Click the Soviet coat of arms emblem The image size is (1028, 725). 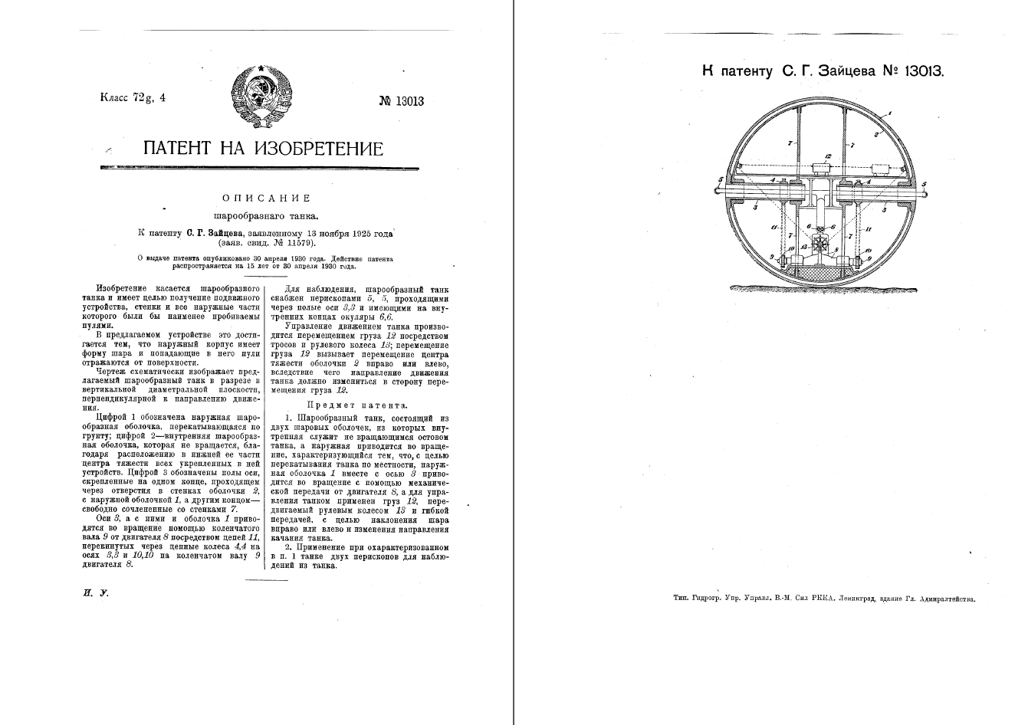[x=261, y=97]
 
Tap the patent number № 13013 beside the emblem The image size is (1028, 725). [x=401, y=101]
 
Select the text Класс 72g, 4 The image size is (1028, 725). [x=133, y=97]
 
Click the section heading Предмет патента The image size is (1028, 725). [x=357, y=405]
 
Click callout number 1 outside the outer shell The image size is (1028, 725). [x=891, y=113]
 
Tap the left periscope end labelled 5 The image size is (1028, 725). [x=714, y=184]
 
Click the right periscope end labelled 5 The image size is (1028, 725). [x=925, y=184]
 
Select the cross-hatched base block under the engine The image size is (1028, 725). [x=819, y=271]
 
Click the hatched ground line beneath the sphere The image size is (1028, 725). [x=820, y=287]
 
